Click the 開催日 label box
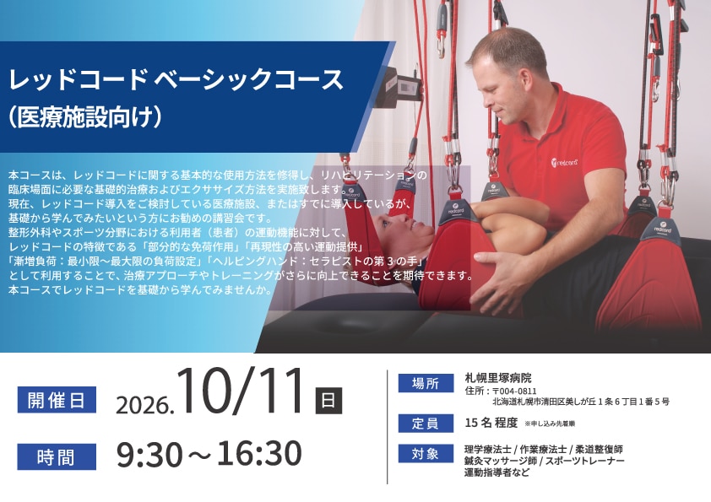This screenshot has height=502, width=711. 57,400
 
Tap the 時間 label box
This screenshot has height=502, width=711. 57,456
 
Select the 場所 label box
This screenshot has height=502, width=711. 426,383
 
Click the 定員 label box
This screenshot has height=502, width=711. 426,424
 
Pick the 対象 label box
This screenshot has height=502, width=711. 426,454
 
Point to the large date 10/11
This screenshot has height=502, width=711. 240,392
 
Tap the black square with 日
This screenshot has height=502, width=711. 328,401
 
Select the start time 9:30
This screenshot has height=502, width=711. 149,454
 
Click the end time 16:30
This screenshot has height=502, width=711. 259,454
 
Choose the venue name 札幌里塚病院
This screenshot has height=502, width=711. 498,378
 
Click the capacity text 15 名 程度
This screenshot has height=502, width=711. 491,423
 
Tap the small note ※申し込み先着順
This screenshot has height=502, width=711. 550,424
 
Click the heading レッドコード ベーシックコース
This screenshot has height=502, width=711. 176,79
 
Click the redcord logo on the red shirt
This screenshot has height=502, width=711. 565,162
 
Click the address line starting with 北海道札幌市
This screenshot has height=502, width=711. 581,402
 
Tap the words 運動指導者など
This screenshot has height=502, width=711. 497,473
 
